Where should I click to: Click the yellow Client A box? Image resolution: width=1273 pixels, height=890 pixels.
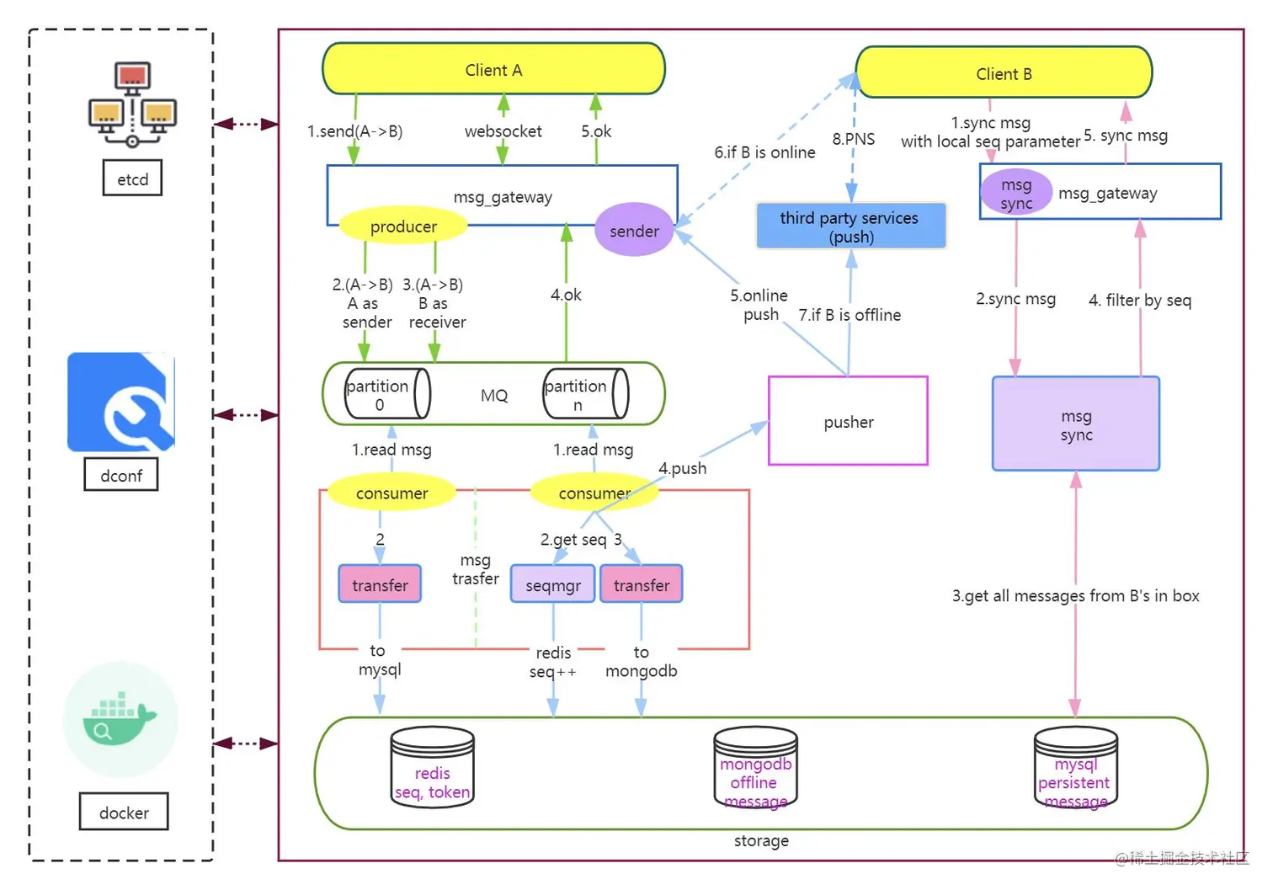493,69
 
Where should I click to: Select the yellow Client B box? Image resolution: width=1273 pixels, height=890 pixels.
1004,73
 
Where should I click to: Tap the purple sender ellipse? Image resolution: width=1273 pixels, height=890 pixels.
634,231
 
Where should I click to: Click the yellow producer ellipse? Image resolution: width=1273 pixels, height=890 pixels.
403,226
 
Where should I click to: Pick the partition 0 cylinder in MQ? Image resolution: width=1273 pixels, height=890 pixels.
386,394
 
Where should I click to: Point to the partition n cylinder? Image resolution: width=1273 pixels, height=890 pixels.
584,394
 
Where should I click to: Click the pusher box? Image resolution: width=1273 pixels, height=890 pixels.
848,421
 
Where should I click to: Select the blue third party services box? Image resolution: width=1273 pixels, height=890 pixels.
850,226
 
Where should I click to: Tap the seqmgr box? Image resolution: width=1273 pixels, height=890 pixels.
552,584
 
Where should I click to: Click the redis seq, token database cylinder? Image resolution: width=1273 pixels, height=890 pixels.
432,768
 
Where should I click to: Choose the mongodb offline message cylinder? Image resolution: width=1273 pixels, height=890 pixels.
755,768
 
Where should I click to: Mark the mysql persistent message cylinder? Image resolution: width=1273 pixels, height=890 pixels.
1075,768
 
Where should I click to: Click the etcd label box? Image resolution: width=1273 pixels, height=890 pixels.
132,179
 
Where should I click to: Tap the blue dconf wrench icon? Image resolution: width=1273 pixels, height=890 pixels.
121,402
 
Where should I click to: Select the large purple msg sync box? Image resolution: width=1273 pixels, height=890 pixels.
1075,424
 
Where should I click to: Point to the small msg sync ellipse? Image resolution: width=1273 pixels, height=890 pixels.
1016,193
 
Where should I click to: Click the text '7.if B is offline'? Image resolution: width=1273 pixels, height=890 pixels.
850,315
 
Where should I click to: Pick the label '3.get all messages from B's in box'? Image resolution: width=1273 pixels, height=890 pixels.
1075,596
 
